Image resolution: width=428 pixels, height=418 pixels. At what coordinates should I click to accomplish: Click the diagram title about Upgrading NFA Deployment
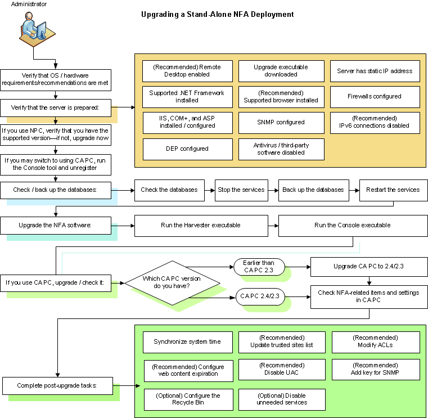pos(217,14)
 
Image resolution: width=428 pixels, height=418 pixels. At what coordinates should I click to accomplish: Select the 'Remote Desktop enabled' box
pos(187,71)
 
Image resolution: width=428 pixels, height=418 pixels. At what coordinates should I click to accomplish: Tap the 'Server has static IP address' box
pos(375,71)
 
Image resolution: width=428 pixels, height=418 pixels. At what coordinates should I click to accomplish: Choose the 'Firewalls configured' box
pos(375,96)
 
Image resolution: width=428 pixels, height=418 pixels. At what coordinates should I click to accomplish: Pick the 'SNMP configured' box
pos(281,122)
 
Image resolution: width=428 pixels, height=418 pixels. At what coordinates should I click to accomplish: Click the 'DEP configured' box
pos(187,149)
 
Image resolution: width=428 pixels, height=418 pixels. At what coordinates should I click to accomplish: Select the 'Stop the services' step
pos(241,190)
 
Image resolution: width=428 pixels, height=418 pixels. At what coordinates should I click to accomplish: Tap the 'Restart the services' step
pos(393,190)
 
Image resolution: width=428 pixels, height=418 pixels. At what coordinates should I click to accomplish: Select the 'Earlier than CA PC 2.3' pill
pos(259,267)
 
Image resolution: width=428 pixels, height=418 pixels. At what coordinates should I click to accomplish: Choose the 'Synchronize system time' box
pos(187,341)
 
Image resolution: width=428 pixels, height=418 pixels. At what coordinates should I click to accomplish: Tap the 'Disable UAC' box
pos(282,368)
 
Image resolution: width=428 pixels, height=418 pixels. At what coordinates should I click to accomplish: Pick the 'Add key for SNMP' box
pos(376,368)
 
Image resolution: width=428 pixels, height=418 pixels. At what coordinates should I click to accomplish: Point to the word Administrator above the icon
pos(30,5)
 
